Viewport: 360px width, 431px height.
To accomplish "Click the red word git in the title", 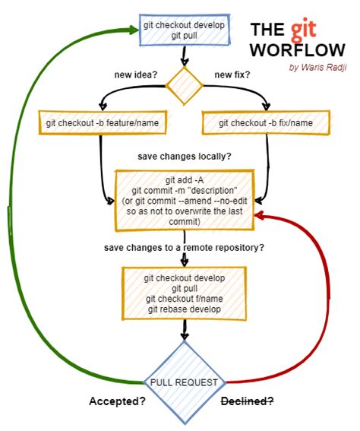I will click(x=298, y=30).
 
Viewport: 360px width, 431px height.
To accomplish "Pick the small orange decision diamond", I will click(x=184, y=84).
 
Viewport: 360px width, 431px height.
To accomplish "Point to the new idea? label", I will click(x=134, y=74).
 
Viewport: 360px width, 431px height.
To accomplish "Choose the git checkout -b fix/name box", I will click(x=266, y=123).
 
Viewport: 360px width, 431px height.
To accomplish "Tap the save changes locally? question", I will click(x=185, y=156).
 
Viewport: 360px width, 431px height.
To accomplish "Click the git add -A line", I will click(x=185, y=180).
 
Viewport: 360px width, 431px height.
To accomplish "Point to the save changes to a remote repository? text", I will click(x=184, y=248).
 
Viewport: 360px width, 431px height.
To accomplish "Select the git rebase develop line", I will click(x=185, y=309).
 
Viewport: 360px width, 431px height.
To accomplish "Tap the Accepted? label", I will click(x=118, y=401).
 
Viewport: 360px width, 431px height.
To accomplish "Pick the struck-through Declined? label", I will click(x=247, y=401).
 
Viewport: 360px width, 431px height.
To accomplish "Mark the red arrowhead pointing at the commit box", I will click(x=261, y=216).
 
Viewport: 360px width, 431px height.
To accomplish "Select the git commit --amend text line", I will click(x=185, y=201).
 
